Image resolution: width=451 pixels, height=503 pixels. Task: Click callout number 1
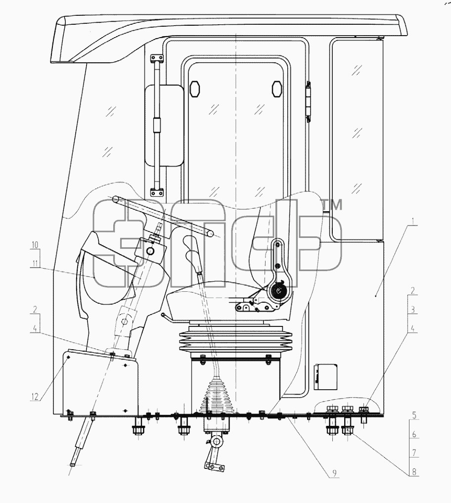point(413,221)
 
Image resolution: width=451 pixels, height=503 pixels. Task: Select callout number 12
point(35,397)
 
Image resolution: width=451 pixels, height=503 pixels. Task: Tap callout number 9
point(334,472)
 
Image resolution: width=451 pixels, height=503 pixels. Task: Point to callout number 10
point(35,245)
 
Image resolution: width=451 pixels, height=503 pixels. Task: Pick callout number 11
point(35,264)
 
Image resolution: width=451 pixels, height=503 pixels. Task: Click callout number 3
point(413,310)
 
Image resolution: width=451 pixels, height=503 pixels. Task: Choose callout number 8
point(414,472)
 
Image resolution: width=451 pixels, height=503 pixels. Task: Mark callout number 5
point(414,415)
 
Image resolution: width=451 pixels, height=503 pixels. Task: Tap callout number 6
point(414,434)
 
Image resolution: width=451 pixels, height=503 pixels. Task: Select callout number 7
point(414,453)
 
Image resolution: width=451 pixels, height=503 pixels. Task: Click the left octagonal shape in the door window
point(194,89)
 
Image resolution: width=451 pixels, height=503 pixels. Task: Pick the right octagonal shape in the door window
point(277,89)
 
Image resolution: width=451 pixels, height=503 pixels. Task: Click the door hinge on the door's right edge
point(308,101)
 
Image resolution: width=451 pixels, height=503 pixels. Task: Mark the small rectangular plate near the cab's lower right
point(325,376)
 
